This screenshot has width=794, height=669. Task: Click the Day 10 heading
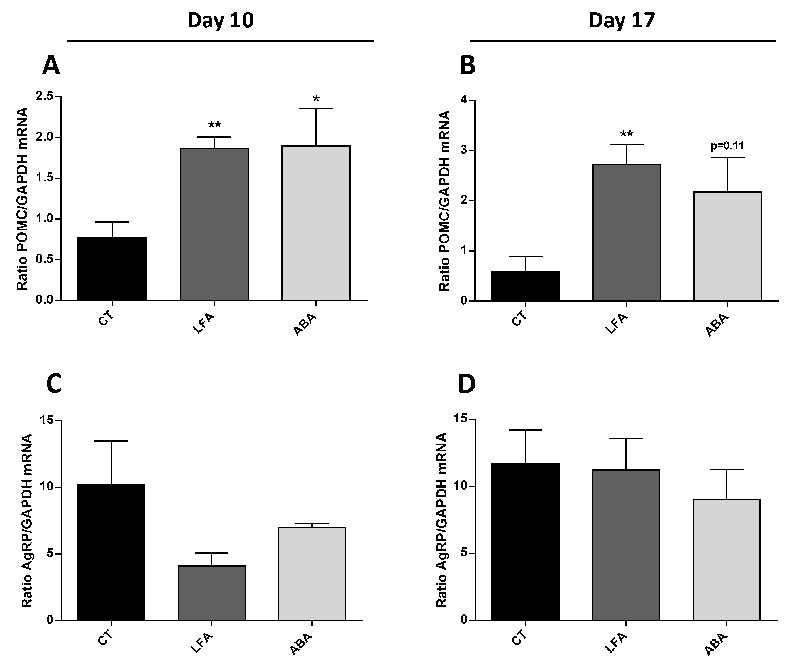(x=220, y=21)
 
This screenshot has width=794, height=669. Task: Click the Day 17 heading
(x=622, y=21)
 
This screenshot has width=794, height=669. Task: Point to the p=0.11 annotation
(x=727, y=146)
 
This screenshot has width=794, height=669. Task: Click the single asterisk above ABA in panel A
(x=316, y=99)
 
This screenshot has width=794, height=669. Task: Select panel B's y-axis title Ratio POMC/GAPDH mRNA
(x=444, y=201)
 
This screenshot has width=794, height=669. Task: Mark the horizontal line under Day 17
(x=622, y=40)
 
